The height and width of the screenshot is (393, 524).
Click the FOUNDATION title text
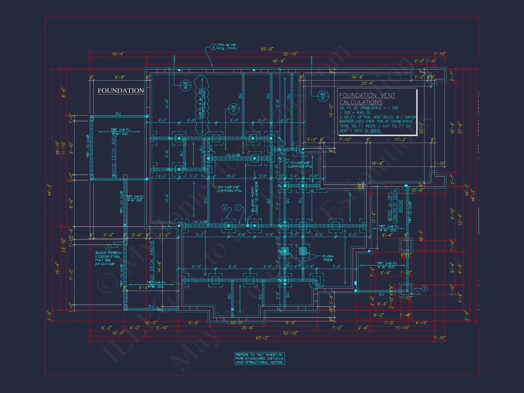pyautogui.click(x=121, y=91)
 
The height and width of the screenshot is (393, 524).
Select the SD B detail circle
pyautogui.click(x=185, y=85)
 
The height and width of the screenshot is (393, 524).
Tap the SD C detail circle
pyautogui.click(x=234, y=109)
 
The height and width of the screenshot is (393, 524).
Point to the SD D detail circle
pyautogui.click(x=323, y=96)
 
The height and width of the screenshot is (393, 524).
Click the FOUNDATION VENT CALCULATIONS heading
pyautogui.click(x=367, y=99)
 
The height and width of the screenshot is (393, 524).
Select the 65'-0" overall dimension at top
pyautogui.click(x=267, y=49)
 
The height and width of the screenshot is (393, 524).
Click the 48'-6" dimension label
pyautogui.click(x=279, y=61)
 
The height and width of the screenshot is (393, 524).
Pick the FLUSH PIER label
pyautogui.click(x=328, y=258)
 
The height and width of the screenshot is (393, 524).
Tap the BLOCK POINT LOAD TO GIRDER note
pyautogui.click(x=254, y=198)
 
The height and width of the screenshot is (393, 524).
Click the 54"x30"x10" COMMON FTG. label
pyautogui.click(x=229, y=189)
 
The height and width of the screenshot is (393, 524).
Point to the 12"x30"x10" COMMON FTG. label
pyautogui.click(x=300, y=165)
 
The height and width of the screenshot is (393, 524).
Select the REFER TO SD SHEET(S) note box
pyautogui.click(x=259, y=358)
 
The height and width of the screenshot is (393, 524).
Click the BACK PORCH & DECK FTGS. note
pyautogui.click(x=108, y=258)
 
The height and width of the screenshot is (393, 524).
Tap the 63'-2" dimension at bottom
pyautogui.click(x=262, y=338)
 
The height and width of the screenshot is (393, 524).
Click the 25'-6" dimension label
pyautogui.click(x=247, y=328)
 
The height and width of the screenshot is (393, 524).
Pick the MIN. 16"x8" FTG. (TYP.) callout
pyautogui.click(x=227, y=47)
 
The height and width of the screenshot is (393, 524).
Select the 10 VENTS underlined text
pyautogui.click(x=372, y=131)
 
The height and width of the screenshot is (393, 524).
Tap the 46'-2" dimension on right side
pyautogui.click(x=473, y=195)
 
